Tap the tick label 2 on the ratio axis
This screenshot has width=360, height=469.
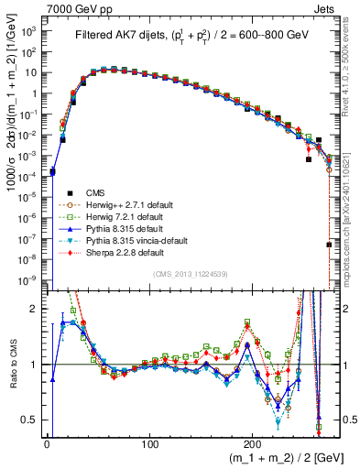35,309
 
